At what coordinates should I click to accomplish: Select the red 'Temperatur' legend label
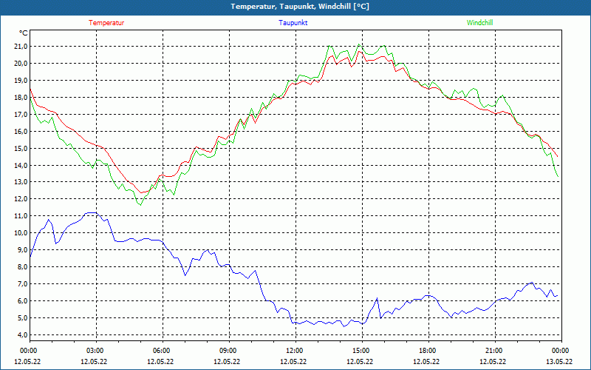[x=106, y=23]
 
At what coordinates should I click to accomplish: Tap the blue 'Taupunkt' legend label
[x=293, y=23]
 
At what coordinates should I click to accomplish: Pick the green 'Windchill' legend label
[x=480, y=23]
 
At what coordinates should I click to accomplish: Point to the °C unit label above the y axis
[x=24, y=33]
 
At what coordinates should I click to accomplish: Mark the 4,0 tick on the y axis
[x=20, y=335]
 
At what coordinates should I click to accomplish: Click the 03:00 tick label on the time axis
[x=95, y=351]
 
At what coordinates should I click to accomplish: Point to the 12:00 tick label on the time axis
[x=294, y=351]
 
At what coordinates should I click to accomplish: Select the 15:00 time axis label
[x=361, y=351]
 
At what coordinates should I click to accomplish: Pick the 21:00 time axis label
[x=493, y=351]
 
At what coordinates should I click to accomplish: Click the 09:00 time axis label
[x=228, y=351]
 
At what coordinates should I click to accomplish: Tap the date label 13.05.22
[x=559, y=362]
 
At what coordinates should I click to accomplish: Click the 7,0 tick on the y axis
[x=20, y=284]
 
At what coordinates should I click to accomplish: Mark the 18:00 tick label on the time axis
[x=427, y=351]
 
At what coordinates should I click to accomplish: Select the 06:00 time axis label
[x=161, y=351]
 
